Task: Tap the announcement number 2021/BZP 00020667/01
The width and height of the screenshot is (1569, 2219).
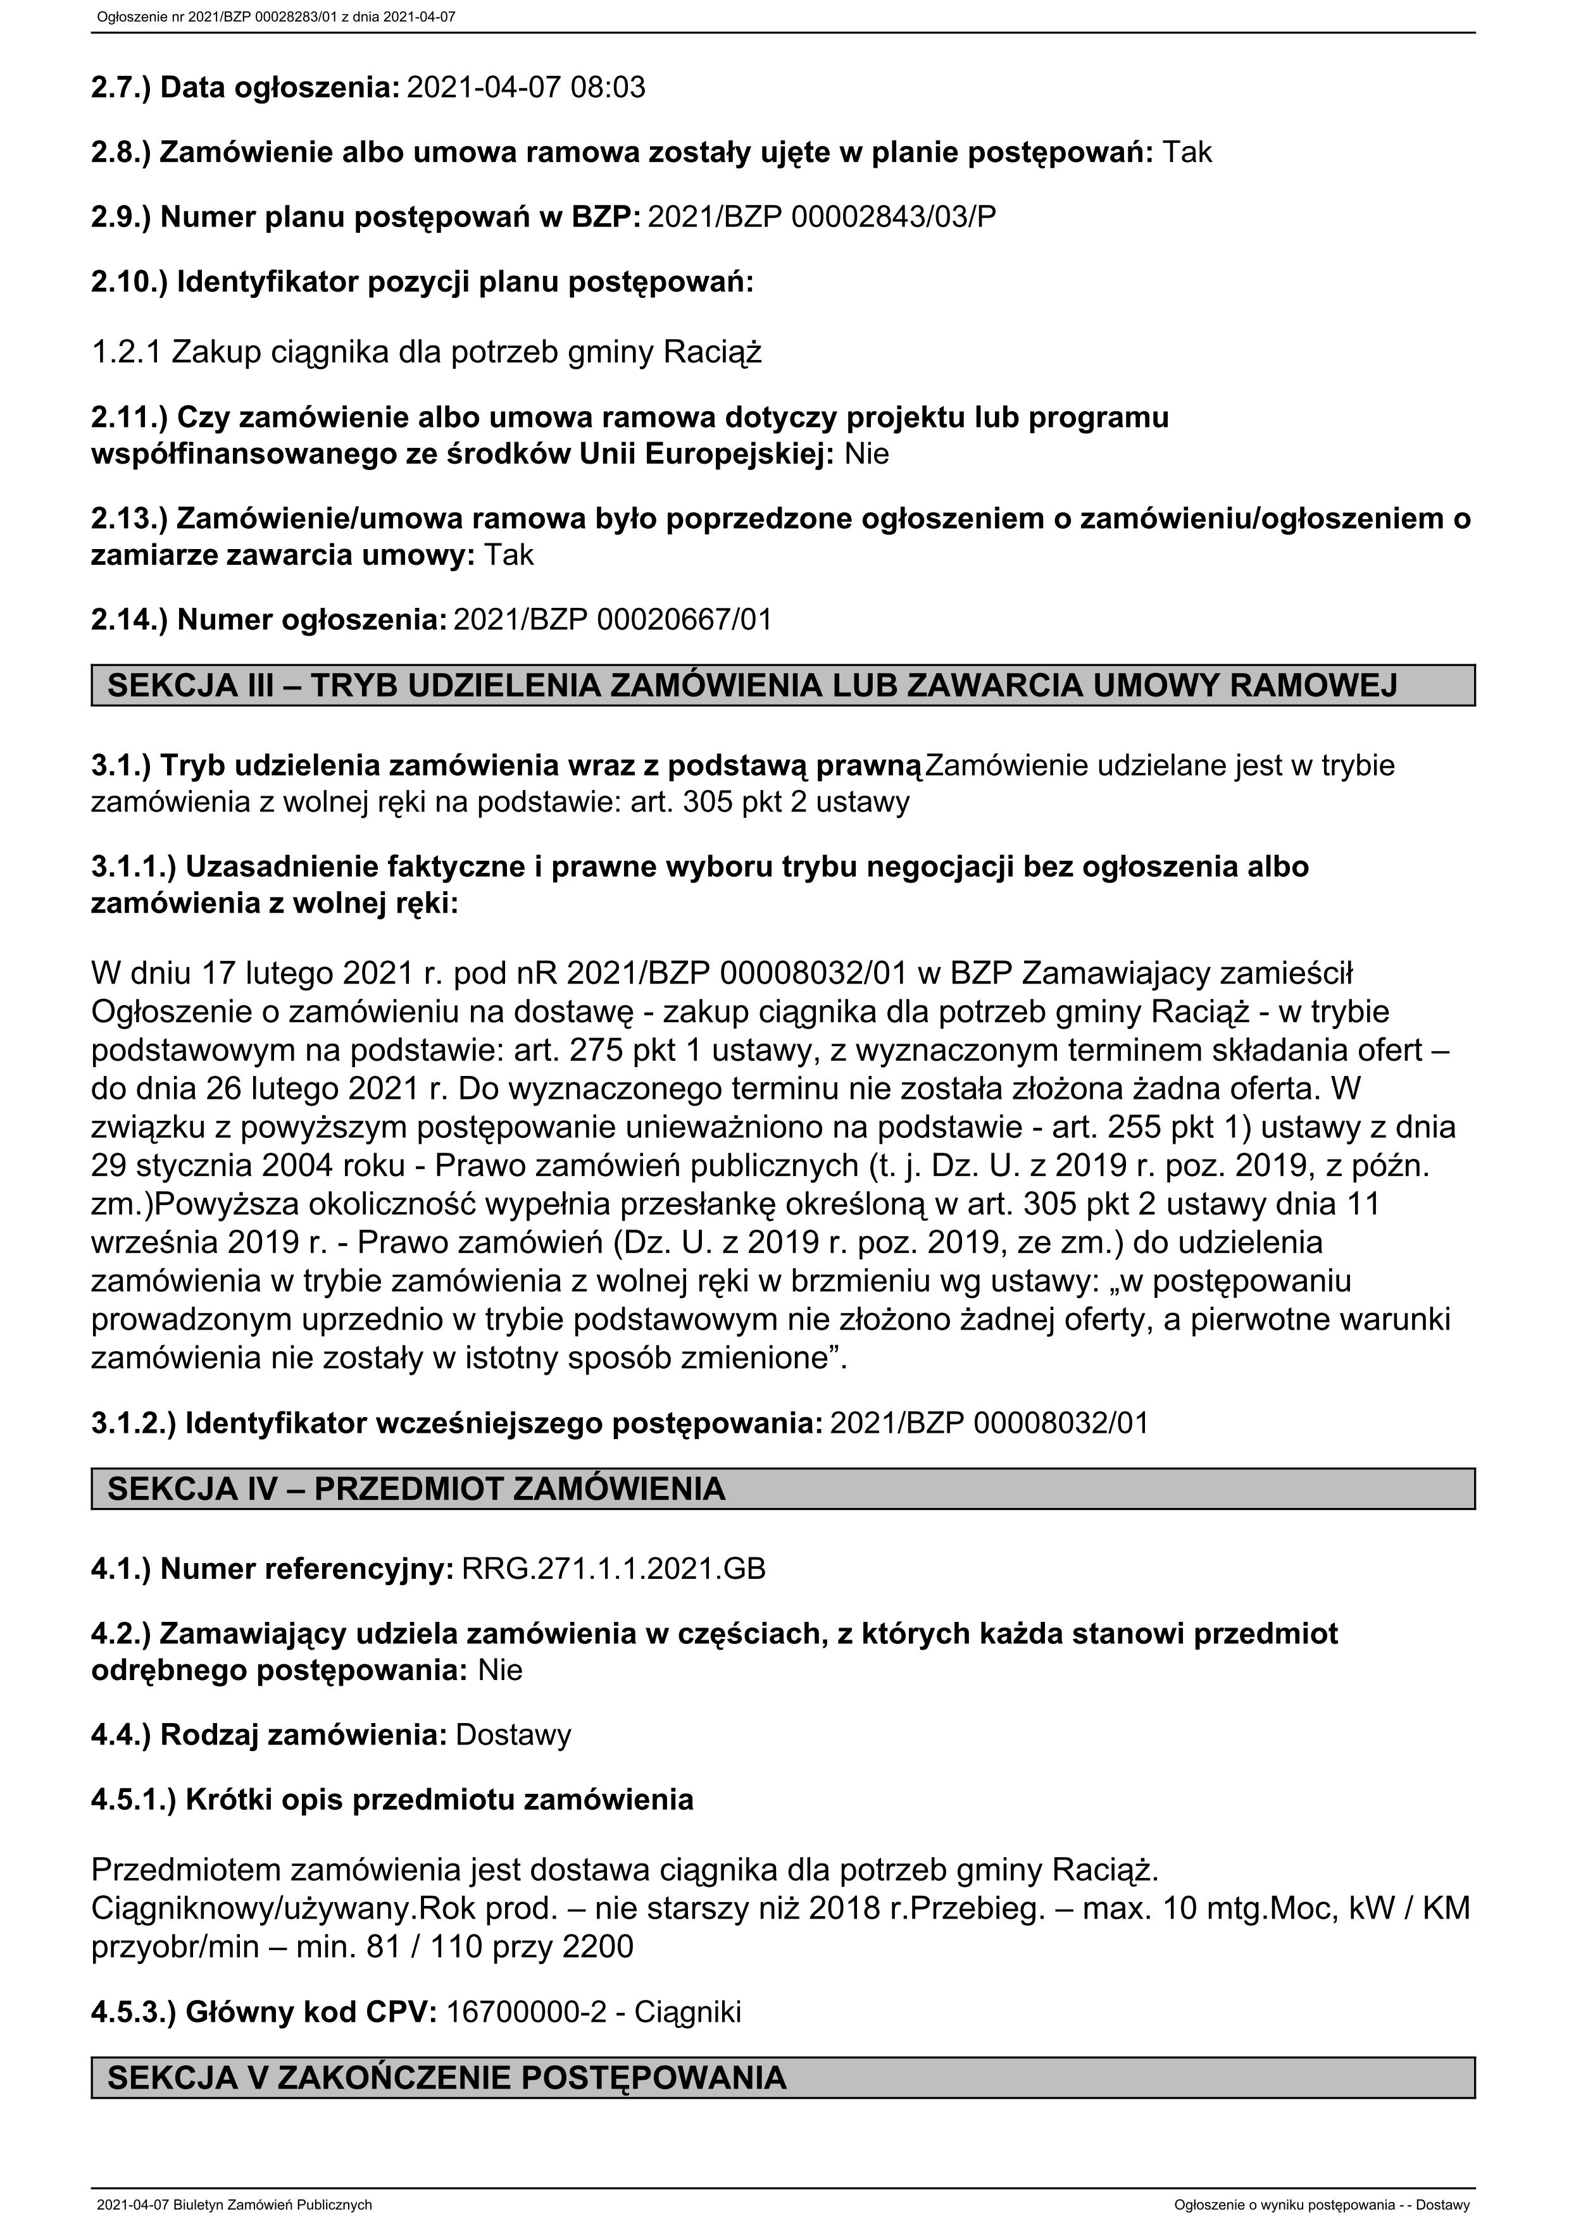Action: click(x=613, y=619)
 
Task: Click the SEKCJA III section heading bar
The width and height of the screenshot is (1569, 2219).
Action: click(x=783, y=685)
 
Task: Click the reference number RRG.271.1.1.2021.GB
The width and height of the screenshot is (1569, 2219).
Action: click(x=614, y=1569)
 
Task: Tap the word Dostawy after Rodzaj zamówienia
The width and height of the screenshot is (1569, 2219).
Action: click(x=513, y=1735)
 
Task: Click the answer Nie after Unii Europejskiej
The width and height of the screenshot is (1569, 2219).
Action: click(x=866, y=454)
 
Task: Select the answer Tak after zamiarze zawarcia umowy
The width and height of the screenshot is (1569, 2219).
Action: click(x=508, y=555)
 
